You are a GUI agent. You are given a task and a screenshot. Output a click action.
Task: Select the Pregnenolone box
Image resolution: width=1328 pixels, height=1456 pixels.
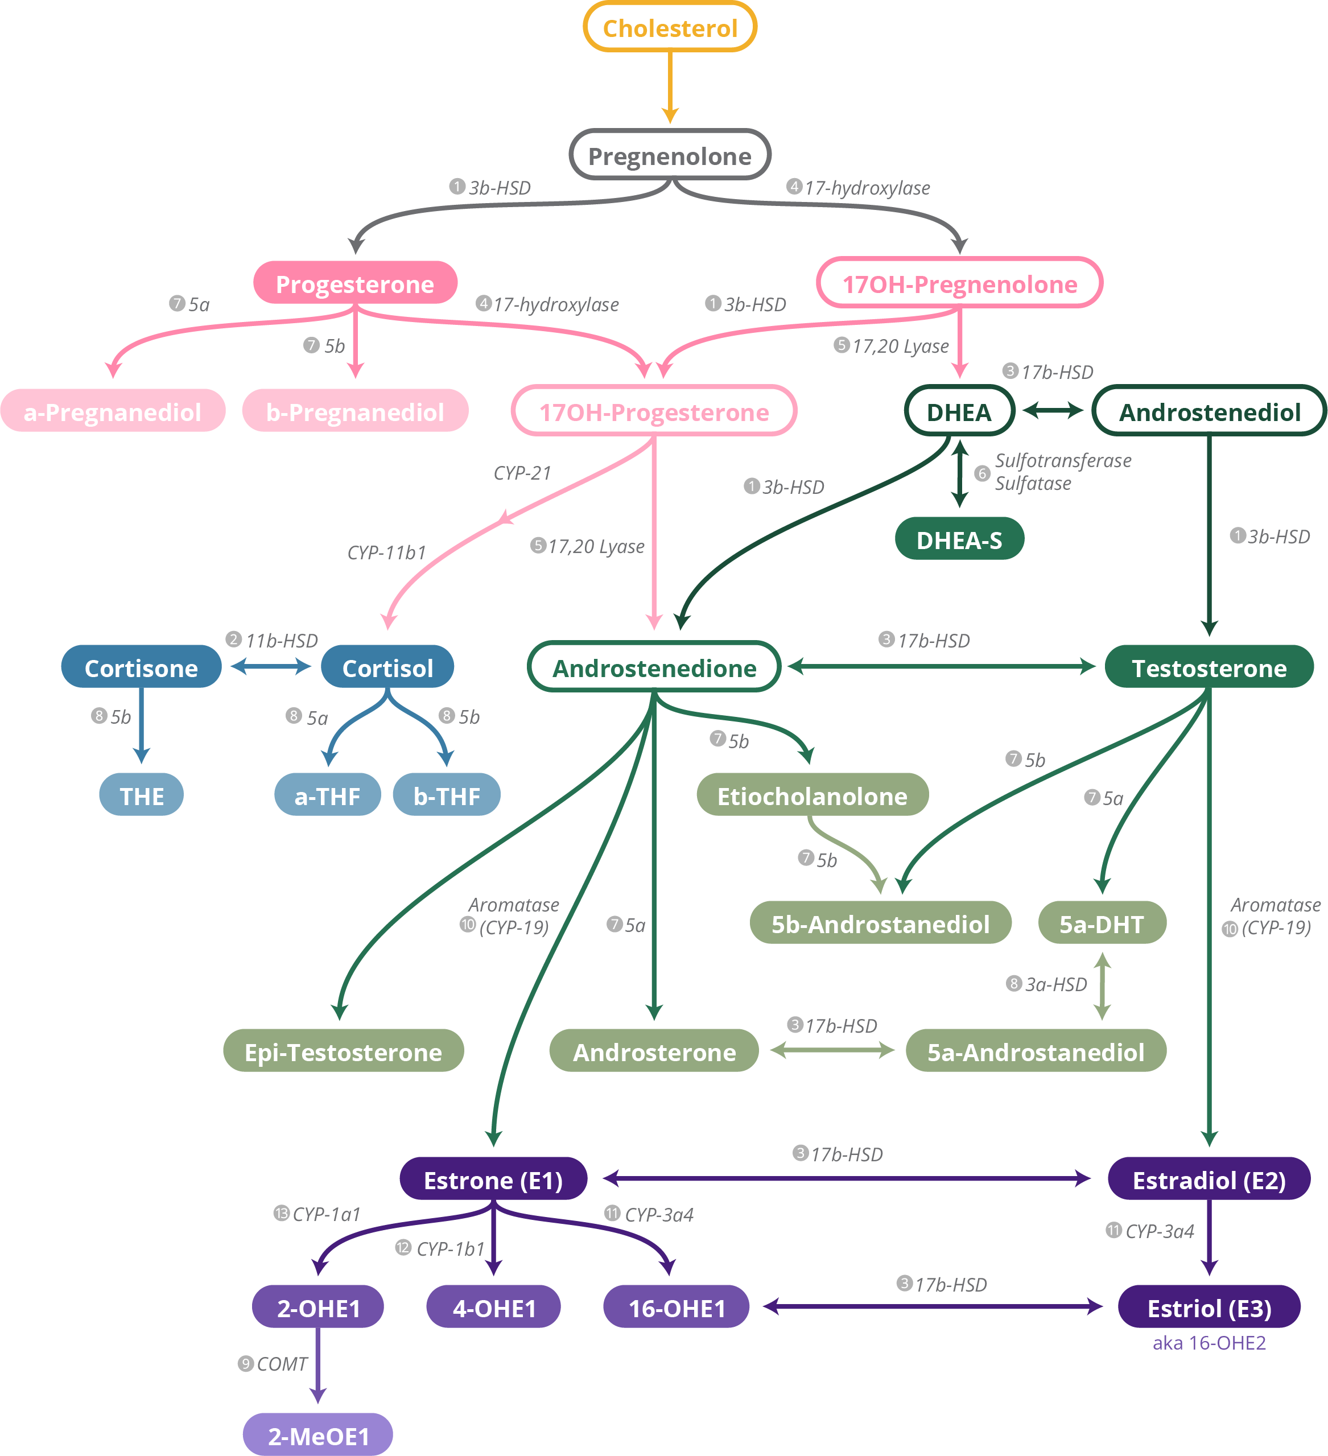click(x=670, y=155)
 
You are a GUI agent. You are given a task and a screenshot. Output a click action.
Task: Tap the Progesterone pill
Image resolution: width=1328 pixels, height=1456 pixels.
click(x=354, y=283)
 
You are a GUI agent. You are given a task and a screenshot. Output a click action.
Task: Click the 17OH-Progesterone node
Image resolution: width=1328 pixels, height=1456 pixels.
click(x=654, y=412)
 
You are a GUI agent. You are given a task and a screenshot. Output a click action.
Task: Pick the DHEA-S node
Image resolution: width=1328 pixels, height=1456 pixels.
click(x=959, y=539)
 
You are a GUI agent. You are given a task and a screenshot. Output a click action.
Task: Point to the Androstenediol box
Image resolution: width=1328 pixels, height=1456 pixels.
click(x=1209, y=412)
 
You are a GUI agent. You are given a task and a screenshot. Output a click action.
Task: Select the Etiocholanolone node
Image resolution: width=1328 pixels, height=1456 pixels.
click(x=812, y=795)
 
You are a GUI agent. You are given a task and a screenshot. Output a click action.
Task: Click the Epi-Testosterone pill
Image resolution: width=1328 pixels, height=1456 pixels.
click(x=343, y=1051)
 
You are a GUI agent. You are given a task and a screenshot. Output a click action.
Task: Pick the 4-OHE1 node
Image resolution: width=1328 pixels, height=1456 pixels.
click(x=494, y=1307)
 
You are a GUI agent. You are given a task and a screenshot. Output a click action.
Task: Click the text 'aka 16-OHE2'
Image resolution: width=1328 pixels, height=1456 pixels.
click(x=1209, y=1343)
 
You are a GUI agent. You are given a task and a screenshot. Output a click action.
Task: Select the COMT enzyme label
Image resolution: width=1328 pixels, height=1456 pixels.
click(x=282, y=1364)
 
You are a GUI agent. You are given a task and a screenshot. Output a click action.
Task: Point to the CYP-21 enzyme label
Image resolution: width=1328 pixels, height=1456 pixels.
click(x=522, y=473)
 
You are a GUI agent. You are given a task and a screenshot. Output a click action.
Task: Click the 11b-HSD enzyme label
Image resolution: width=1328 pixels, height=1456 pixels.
click(x=281, y=641)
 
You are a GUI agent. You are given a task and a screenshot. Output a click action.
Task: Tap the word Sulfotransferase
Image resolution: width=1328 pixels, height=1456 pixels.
click(x=1063, y=461)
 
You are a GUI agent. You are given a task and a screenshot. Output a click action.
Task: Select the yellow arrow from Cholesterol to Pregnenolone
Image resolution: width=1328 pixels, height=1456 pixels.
click(x=670, y=86)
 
